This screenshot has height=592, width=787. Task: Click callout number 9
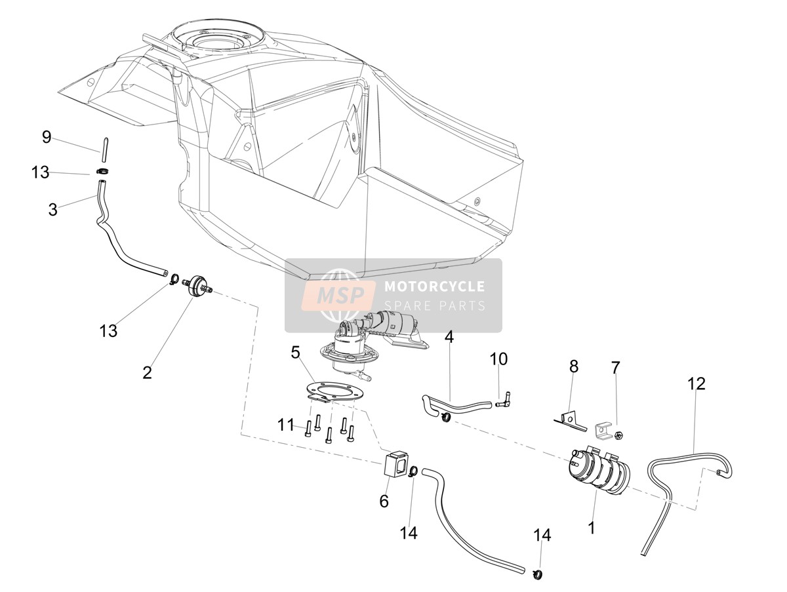[x=47, y=137]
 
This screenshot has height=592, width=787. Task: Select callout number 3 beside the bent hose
[x=52, y=210]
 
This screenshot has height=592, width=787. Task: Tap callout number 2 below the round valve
[x=147, y=372]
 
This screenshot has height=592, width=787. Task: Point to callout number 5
[x=295, y=353]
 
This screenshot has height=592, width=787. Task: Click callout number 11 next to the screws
[x=286, y=425]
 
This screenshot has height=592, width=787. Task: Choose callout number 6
[x=384, y=502]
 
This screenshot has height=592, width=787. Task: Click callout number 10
[x=498, y=359]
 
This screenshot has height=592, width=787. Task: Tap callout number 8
[x=574, y=366]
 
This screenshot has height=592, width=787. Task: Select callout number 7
[x=616, y=367]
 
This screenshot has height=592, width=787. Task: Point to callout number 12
[x=696, y=384]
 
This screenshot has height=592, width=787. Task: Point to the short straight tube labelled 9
[x=104, y=149]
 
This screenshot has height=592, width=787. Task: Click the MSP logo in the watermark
[x=338, y=295]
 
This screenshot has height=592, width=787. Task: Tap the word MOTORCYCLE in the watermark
[x=435, y=286]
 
